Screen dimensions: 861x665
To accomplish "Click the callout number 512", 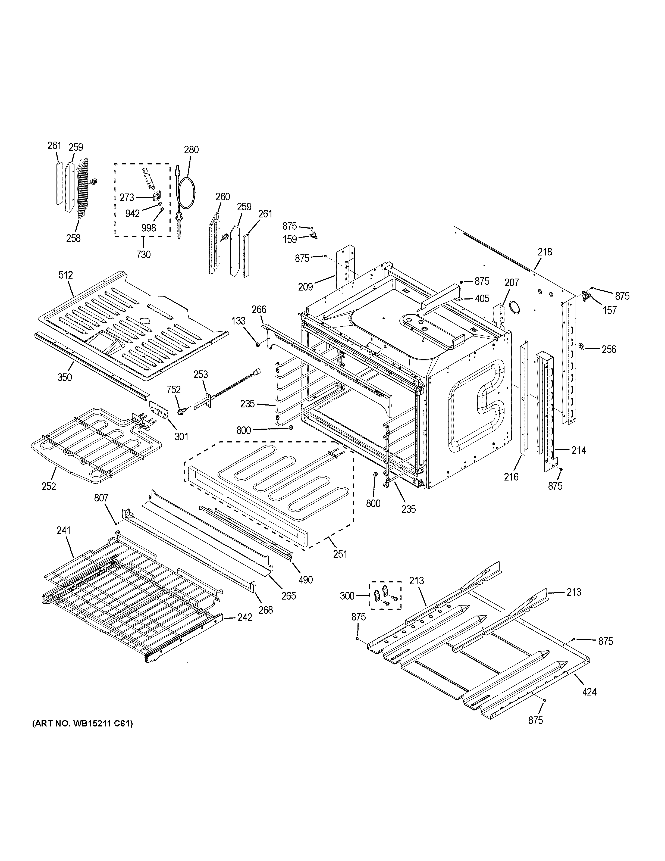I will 66,275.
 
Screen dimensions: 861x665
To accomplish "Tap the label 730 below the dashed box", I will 143,255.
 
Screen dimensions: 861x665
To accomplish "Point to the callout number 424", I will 589,691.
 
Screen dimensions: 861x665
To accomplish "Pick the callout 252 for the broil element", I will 49,486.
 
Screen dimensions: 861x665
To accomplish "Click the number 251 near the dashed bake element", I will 340,554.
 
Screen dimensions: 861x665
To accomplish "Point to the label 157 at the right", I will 610,310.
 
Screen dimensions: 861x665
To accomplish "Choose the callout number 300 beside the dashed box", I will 347,596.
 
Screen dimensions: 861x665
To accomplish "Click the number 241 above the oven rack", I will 63,531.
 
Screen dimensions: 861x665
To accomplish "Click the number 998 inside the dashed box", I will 149,228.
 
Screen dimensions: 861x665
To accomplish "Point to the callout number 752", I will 173,390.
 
